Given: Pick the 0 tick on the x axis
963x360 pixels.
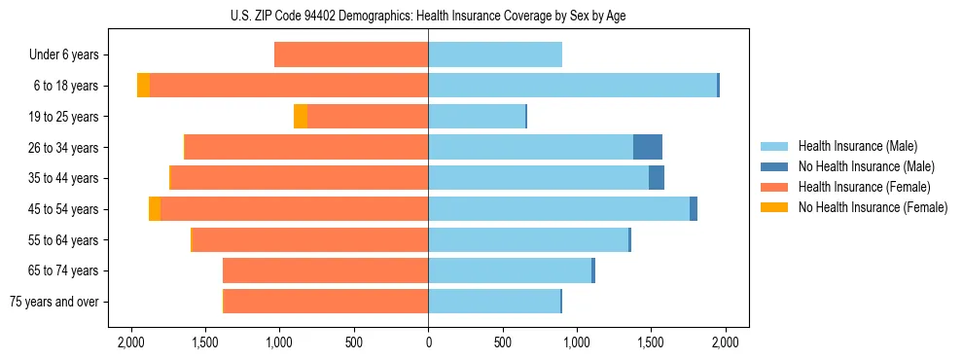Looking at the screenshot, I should click(x=428, y=342).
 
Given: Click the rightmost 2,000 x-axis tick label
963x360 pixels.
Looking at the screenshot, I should click(x=725, y=342).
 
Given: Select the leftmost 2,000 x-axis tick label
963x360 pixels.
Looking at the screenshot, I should click(x=131, y=342).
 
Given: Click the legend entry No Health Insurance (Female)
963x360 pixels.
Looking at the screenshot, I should click(x=873, y=207).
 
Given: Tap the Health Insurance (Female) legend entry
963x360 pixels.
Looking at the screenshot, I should click(x=865, y=187).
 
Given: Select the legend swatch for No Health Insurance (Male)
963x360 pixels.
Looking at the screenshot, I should click(x=774, y=166).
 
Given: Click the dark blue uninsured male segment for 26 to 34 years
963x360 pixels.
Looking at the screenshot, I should click(x=648, y=147).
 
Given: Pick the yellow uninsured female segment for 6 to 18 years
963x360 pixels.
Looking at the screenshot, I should click(x=144, y=86).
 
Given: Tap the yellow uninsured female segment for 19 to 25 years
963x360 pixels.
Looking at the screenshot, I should click(x=301, y=117).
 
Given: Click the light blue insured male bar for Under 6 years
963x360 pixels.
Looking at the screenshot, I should click(x=495, y=55).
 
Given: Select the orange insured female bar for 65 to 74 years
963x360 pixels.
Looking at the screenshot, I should click(x=326, y=270).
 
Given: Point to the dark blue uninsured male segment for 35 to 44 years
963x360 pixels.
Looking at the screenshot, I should click(x=657, y=178).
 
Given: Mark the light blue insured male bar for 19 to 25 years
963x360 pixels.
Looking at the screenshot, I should click(x=477, y=117).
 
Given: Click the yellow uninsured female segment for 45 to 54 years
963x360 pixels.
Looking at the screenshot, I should click(x=155, y=209).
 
